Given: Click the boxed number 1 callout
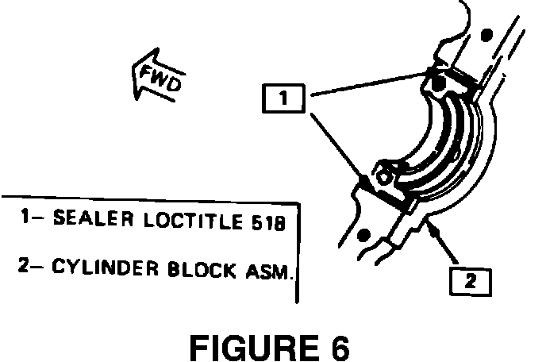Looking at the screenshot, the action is pyautogui.click(x=283, y=100).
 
